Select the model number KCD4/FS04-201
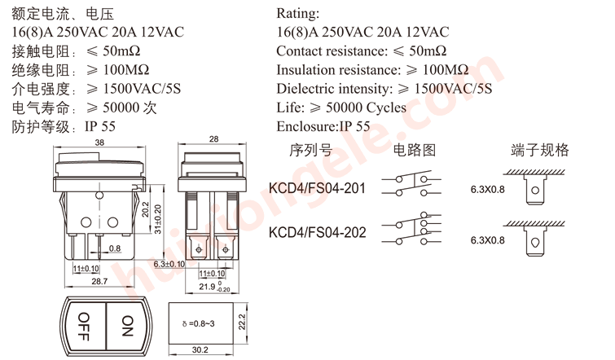pos(317,189)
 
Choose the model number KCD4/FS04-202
pos(317,232)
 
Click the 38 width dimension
pos(99,143)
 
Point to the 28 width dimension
pos(214,140)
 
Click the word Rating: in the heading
pos(298,14)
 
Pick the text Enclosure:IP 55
pos(323,126)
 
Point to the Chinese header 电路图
pos(415,151)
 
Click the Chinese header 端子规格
pos(539,151)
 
